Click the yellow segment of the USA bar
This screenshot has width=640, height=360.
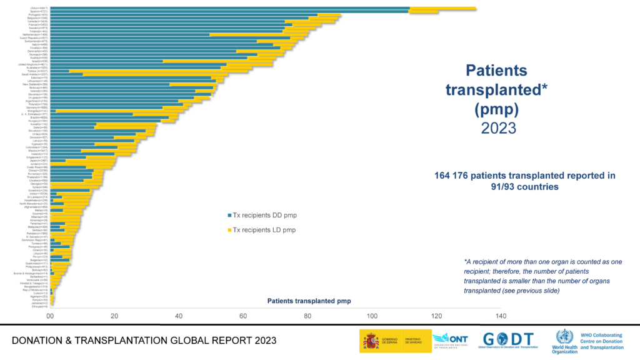442,8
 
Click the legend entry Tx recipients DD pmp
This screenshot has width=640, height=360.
263,214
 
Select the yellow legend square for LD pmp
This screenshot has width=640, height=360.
229,230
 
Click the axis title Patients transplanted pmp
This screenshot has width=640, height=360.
309,301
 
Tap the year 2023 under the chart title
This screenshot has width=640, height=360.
498,128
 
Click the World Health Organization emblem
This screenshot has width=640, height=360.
564,337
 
